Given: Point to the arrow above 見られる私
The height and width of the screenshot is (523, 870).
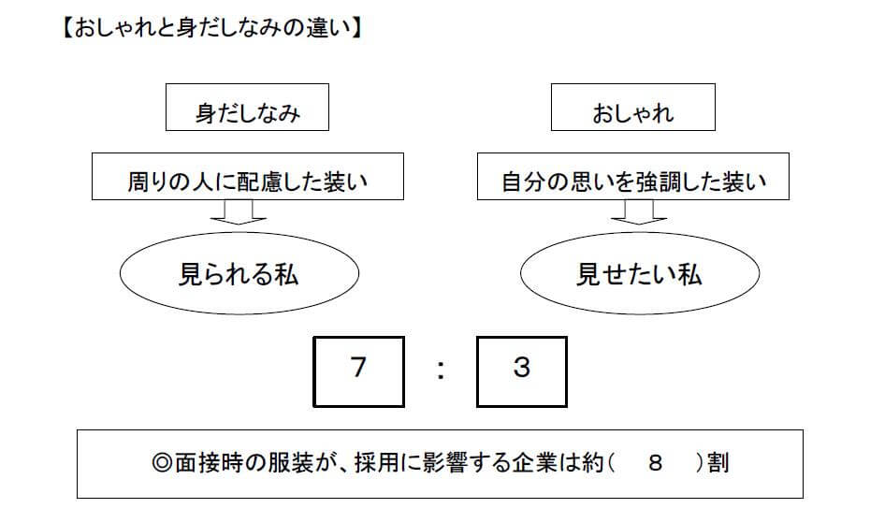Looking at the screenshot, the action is tap(239, 212).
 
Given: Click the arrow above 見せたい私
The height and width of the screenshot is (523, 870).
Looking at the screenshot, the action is tap(639, 212).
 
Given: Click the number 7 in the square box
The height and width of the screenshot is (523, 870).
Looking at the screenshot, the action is tap(358, 367).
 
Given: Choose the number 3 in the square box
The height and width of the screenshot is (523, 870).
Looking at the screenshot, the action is tap(522, 367).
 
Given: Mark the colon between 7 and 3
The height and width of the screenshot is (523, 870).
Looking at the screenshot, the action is tap(441, 370).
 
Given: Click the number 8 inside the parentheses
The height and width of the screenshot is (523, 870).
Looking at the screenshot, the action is tap(655, 462).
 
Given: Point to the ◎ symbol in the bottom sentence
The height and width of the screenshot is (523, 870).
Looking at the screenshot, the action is tap(162, 462).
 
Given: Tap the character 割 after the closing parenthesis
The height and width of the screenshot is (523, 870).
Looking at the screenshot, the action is tap(718, 462).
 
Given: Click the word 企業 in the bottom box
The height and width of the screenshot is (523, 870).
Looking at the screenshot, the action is tap(534, 462).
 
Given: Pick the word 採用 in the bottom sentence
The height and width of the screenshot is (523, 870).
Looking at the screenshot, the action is tap(377, 462).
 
